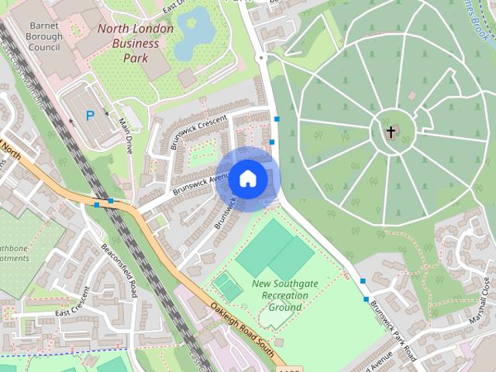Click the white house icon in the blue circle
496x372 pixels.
coord(248,179)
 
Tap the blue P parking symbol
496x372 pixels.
coord(90,116)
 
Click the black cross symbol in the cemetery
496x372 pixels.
coord(391,132)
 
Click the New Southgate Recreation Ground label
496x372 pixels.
coord(284,296)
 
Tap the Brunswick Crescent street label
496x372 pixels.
coord(198,132)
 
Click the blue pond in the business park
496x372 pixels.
coord(195,33)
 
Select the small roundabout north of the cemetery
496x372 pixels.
coord(261,58)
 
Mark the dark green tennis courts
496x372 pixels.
coord(228,288)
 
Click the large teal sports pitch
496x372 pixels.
coord(274,249)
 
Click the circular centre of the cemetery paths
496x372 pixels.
coord(391,129)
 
